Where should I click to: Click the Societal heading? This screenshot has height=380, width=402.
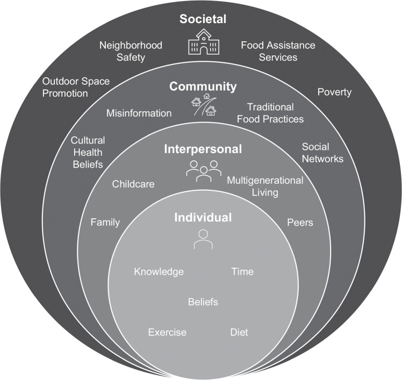pyautogui.click(x=203, y=19)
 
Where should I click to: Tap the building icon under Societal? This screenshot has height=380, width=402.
pyautogui.click(x=203, y=41)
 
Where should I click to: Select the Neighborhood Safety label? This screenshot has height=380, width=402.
pyautogui.click(x=131, y=51)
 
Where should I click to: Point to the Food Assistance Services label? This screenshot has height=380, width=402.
pyautogui.click(x=277, y=51)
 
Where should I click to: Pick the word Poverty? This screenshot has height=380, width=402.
pyautogui.click(x=334, y=92)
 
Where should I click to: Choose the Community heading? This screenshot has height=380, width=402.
pyautogui.click(x=203, y=87)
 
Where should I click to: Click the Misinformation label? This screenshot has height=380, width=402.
pyautogui.click(x=139, y=113)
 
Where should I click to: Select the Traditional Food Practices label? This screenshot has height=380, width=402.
pyautogui.click(x=276, y=113)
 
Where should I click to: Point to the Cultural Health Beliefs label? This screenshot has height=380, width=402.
pyautogui.click(x=87, y=152)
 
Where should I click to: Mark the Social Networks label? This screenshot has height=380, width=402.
pyautogui.click(x=322, y=153)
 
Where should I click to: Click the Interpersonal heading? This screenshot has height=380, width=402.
pyautogui.click(x=203, y=149)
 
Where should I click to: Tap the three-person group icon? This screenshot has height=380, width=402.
pyautogui.click(x=203, y=170)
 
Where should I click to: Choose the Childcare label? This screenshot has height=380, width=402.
pyautogui.click(x=133, y=184)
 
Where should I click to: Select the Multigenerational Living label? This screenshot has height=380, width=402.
pyautogui.click(x=265, y=186)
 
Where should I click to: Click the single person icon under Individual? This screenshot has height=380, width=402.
pyautogui.click(x=203, y=239)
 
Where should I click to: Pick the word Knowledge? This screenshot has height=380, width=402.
pyautogui.click(x=159, y=271)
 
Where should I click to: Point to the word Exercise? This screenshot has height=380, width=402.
pyautogui.click(x=167, y=332)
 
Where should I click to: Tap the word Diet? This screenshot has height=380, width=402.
pyautogui.click(x=239, y=332)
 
